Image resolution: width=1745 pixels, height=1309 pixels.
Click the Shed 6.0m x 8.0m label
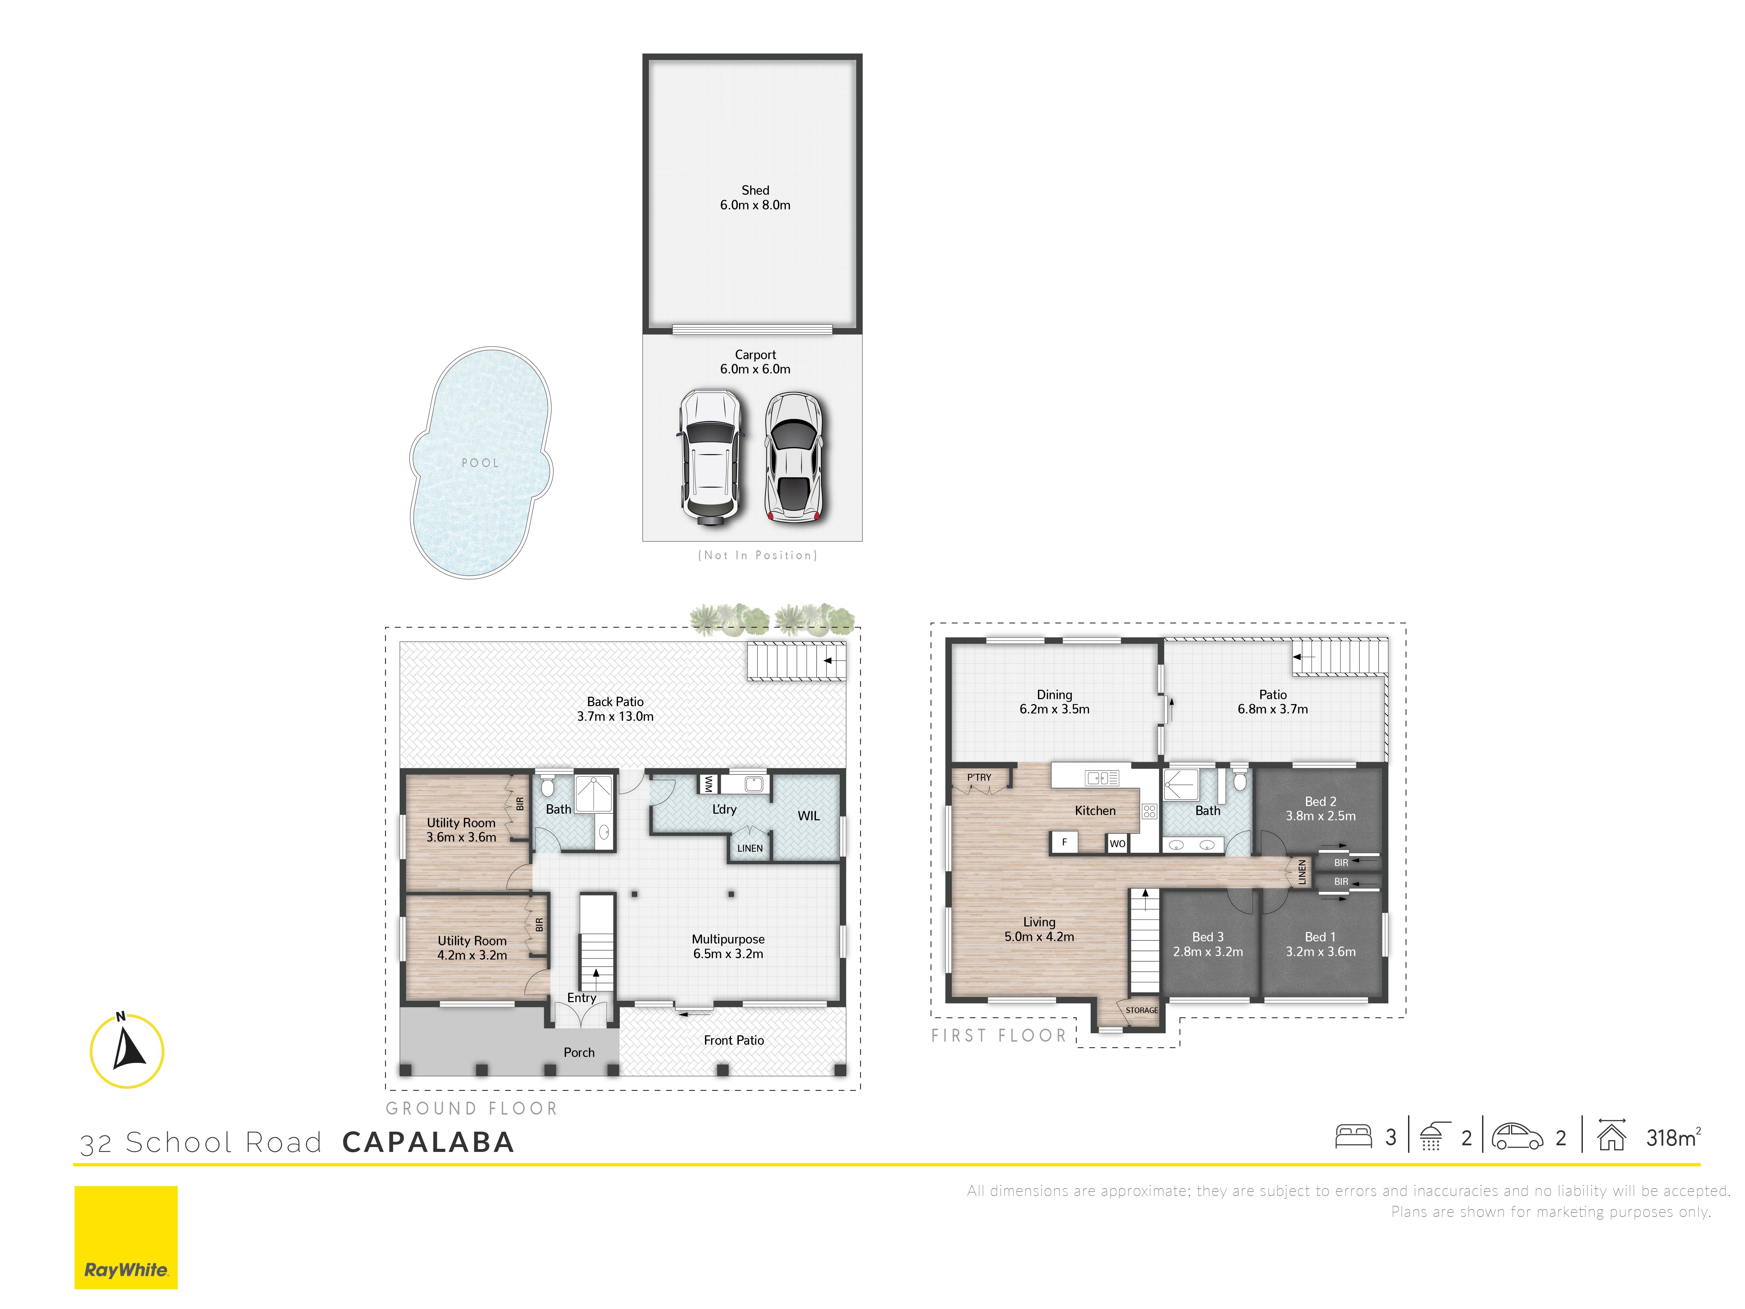click(x=755, y=197)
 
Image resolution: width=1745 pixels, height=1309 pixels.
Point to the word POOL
click(x=481, y=463)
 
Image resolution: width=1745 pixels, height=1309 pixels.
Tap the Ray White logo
click(x=126, y=1237)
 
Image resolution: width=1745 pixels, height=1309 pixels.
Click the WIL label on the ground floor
click(x=809, y=816)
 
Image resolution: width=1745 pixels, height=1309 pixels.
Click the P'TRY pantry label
click(x=979, y=777)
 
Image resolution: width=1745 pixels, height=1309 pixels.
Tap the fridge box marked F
click(x=1064, y=843)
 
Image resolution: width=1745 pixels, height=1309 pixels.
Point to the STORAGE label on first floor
click(x=1142, y=1010)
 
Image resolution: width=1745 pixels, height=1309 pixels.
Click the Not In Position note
click(x=757, y=555)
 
